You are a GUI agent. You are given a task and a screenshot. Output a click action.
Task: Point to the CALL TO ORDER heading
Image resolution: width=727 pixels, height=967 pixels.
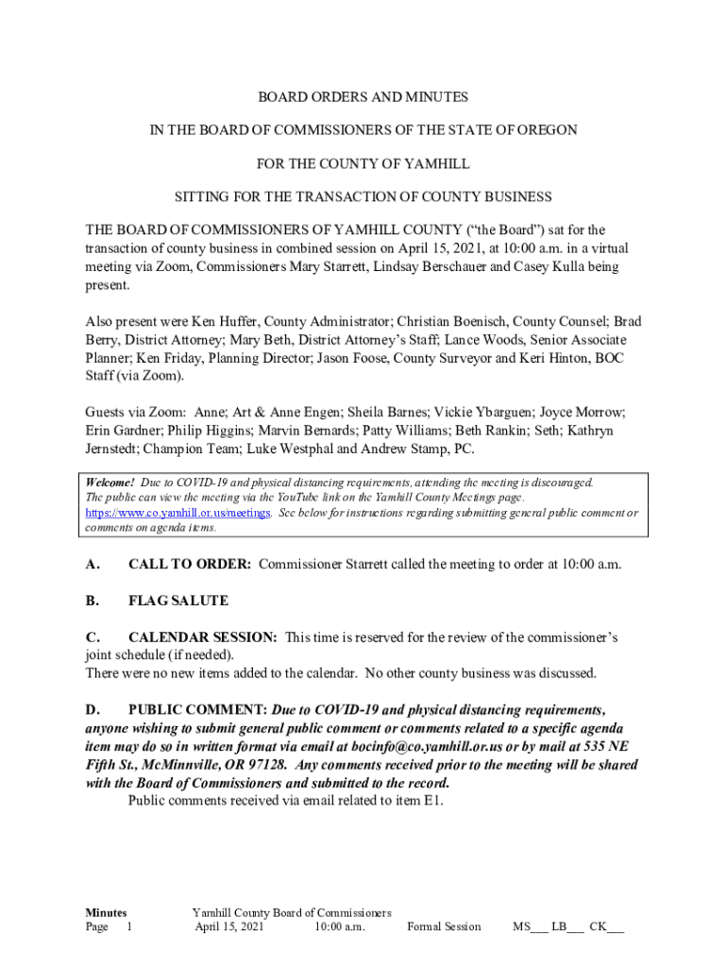pos(189,565)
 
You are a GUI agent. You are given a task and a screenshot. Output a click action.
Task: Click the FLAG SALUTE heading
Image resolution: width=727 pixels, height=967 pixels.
pos(178,601)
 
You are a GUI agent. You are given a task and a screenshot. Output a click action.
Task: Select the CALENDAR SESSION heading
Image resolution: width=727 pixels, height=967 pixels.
pos(202,637)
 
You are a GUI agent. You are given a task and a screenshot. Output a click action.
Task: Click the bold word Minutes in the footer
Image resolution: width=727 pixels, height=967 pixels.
pos(106,912)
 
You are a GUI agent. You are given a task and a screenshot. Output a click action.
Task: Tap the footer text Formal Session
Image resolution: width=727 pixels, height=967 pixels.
pos(444,927)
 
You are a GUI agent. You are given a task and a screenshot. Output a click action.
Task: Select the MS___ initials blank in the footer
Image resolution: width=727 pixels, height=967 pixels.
pos(530,927)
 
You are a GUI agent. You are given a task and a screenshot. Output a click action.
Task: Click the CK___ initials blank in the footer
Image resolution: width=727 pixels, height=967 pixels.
pos(606,927)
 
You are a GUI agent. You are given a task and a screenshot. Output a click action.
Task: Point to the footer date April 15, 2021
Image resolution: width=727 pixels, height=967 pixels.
pos(229,927)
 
